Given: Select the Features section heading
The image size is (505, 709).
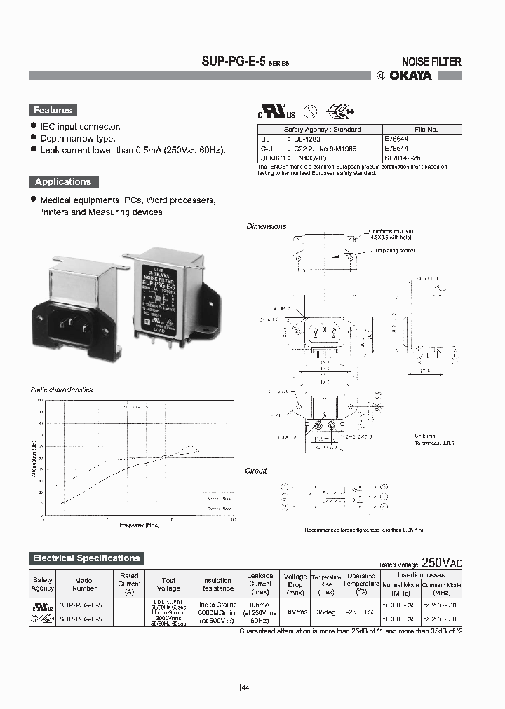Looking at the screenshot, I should pos(53,110).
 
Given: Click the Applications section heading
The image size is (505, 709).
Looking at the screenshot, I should pos(63,181).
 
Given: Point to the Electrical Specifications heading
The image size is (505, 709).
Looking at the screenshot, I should pos(86,558).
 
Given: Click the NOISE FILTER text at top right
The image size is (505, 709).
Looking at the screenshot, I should pos(431,62).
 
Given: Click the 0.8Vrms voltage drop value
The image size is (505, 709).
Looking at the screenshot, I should pos(295,611).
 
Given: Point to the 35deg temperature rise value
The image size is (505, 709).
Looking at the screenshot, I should pos(325,611).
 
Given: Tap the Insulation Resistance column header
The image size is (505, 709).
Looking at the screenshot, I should pos(217,584).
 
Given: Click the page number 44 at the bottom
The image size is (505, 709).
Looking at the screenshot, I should pos(245,668).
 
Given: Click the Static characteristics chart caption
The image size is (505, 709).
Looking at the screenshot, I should pos(62,390).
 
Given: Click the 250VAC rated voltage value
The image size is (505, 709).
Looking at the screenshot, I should pos(442,563).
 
